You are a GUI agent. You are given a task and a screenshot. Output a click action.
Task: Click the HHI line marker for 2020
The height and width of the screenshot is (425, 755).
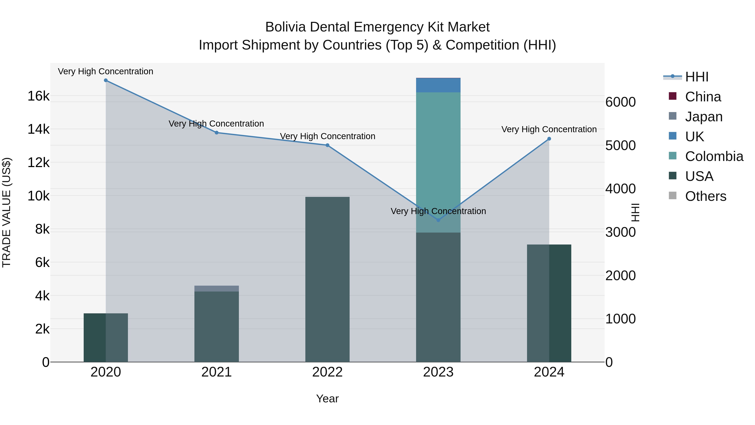pyautogui.click(x=106, y=80)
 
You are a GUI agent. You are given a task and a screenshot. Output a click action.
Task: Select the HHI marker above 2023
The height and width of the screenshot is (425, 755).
pyautogui.click(x=438, y=220)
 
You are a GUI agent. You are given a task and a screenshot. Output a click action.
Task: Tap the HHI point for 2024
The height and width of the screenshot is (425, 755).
pyautogui.click(x=549, y=139)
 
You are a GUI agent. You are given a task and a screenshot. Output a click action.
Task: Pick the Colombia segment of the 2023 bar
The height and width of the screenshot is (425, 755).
pyautogui.click(x=438, y=161)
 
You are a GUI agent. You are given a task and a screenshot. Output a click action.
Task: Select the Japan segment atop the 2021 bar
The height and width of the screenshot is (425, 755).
pyautogui.click(x=217, y=289)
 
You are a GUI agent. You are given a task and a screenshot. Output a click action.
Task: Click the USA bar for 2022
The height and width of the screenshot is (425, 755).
pyautogui.click(x=327, y=279)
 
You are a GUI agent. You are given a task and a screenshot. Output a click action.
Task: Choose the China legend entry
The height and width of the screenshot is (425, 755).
pyautogui.click(x=703, y=97)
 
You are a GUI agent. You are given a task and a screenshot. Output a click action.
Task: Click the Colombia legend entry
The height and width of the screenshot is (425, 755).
pyautogui.click(x=714, y=156)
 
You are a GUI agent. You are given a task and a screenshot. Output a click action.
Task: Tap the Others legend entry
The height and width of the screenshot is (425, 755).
pyautogui.click(x=706, y=196)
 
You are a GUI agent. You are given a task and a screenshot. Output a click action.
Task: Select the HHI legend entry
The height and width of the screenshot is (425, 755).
pyautogui.click(x=697, y=77)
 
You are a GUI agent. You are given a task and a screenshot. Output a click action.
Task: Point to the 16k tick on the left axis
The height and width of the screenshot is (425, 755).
pyautogui.click(x=39, y=96)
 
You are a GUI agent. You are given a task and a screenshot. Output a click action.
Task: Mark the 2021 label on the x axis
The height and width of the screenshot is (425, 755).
pyautogui.click(x=217, y=372)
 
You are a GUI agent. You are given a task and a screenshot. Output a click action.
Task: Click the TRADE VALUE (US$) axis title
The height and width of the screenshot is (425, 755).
pyautogui.click(x=7, y=212)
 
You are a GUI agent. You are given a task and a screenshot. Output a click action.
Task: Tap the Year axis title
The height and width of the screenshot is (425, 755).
pyautogui.click(x=327, y=399)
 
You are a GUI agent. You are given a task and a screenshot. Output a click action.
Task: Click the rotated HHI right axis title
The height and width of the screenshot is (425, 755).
pyautogui.click(x=635, y=212)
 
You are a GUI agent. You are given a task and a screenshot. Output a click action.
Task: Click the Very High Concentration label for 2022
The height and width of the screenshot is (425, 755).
pyautogui.click(x=327, y=136)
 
